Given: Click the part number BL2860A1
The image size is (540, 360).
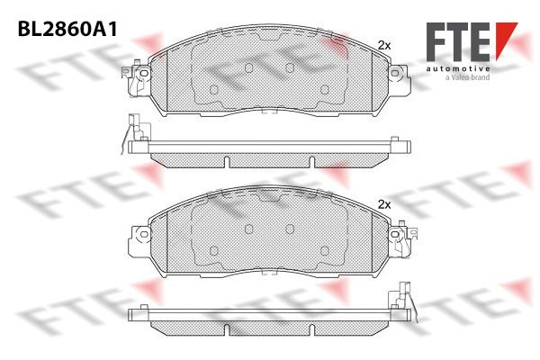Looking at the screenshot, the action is click(x=67, y=30).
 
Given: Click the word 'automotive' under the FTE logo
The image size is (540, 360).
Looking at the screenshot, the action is click(x=458, y=69).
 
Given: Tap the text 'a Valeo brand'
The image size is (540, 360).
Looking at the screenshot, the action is click(x=467, y=77).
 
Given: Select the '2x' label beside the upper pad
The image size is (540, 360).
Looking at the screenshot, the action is click(x=384, y=45).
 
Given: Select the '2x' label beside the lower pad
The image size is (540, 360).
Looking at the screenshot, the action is click(x=384, y=204).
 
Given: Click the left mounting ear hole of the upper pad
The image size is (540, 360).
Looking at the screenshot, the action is click(x=144, y=73).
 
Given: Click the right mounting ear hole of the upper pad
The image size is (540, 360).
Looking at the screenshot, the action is click(x=395, y=73).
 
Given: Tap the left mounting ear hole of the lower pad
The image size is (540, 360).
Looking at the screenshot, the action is click(x=144, y=234).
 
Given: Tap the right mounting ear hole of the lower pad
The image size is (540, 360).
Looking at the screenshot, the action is click(x=395, y=234).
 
